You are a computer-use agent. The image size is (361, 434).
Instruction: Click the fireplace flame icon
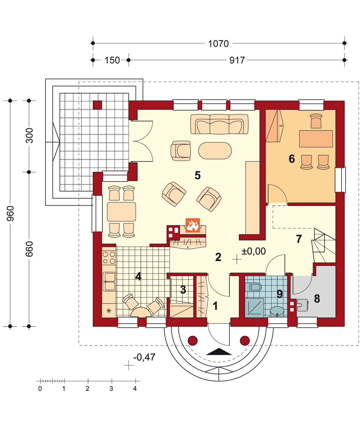193,225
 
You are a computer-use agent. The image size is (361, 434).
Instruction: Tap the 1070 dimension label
218,44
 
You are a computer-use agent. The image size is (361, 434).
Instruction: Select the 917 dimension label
237,60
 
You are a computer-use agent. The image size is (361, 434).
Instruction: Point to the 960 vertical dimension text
10,213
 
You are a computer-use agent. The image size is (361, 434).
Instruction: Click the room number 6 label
291,159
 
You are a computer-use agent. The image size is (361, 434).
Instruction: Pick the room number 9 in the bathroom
280,294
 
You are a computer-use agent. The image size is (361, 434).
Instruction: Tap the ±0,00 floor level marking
254,251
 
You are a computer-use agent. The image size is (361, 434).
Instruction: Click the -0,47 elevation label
144,357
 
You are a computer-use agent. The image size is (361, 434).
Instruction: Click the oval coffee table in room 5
215,150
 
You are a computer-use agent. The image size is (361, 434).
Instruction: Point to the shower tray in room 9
254,308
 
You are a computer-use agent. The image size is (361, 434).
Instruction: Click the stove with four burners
109,257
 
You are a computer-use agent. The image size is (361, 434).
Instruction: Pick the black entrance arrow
219,352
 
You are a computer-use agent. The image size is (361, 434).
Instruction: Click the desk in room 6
316,139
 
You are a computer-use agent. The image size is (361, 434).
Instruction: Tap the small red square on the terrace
97,105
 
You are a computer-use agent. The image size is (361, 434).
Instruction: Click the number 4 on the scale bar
135,388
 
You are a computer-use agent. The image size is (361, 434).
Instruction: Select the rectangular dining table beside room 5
121,212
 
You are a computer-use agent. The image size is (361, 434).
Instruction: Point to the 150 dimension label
112,60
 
